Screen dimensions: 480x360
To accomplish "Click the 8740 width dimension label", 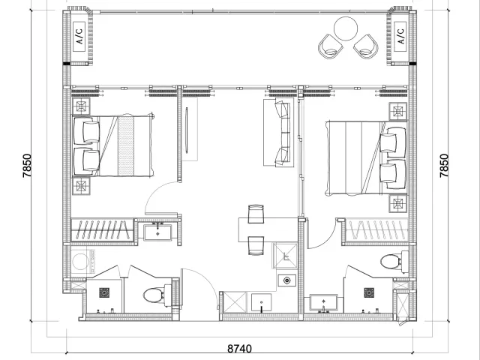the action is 240,349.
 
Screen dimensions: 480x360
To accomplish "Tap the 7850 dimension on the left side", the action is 27,166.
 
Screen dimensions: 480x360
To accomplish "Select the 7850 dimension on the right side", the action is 444,166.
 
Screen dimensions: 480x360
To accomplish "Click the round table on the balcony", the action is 346,28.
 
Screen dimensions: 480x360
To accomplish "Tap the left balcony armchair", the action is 330,46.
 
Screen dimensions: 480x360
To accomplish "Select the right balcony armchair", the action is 366,46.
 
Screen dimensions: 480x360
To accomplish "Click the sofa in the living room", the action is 279,132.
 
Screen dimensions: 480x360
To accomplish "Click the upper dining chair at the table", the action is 256,214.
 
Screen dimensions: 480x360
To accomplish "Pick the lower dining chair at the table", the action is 256,245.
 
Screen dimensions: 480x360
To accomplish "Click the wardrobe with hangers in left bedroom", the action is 103,230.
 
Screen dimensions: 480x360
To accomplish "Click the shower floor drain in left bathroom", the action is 104,292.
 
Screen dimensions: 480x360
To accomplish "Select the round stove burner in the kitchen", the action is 286,280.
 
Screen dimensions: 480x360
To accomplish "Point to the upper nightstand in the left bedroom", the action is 81,106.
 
